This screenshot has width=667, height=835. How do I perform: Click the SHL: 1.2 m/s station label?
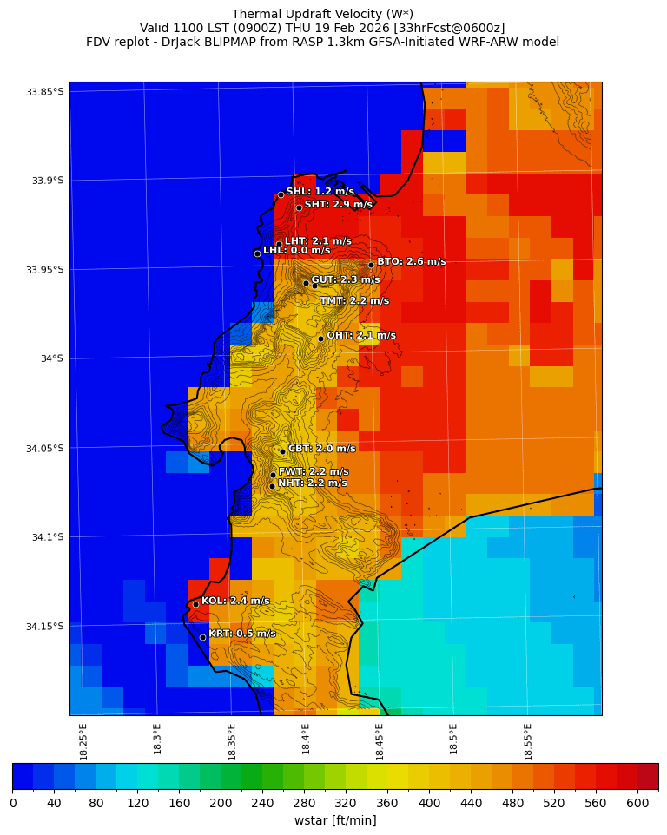320,191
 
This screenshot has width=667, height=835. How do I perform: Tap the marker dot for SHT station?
299,207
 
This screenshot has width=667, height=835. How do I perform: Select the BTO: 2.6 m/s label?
411,261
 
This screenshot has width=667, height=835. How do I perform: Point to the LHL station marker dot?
257,253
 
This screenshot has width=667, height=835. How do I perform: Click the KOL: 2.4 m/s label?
235,601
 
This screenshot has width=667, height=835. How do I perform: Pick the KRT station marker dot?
202,637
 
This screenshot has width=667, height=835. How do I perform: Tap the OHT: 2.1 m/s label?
360,335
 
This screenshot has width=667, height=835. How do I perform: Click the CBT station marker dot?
282,451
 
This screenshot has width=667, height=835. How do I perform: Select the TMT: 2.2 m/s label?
354,301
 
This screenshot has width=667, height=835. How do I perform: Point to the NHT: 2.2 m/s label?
312,483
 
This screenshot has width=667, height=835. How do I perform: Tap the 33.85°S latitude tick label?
44,92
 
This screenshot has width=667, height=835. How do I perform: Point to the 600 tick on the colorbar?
637,803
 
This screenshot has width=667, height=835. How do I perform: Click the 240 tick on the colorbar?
262,803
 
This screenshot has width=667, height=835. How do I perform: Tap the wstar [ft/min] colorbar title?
334,820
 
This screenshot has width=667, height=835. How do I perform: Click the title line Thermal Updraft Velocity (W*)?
322,14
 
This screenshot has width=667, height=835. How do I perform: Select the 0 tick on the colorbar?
13,803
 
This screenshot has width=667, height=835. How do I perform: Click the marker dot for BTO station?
371,265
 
